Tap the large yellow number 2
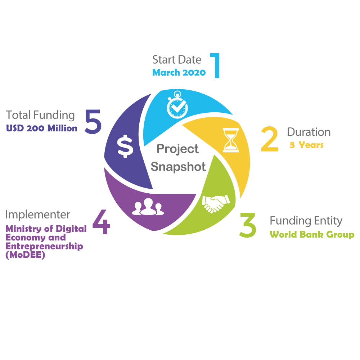tap(270, 139)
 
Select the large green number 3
tap(248, 225)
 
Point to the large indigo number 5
tap(93, 122)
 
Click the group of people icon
tap(148, 207)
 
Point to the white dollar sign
tap(125, 146)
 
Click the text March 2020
tap(179, 72)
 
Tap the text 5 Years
tap(307, 145)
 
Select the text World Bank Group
tap(312, 235)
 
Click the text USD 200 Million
tap(42, 128)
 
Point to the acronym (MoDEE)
tap(25, 255)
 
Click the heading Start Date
tap(177, 59)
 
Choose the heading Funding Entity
tap(306, 220)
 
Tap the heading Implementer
tap(38, 215)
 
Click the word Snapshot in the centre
tap(178, 167)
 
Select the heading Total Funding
tap(40, 115)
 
